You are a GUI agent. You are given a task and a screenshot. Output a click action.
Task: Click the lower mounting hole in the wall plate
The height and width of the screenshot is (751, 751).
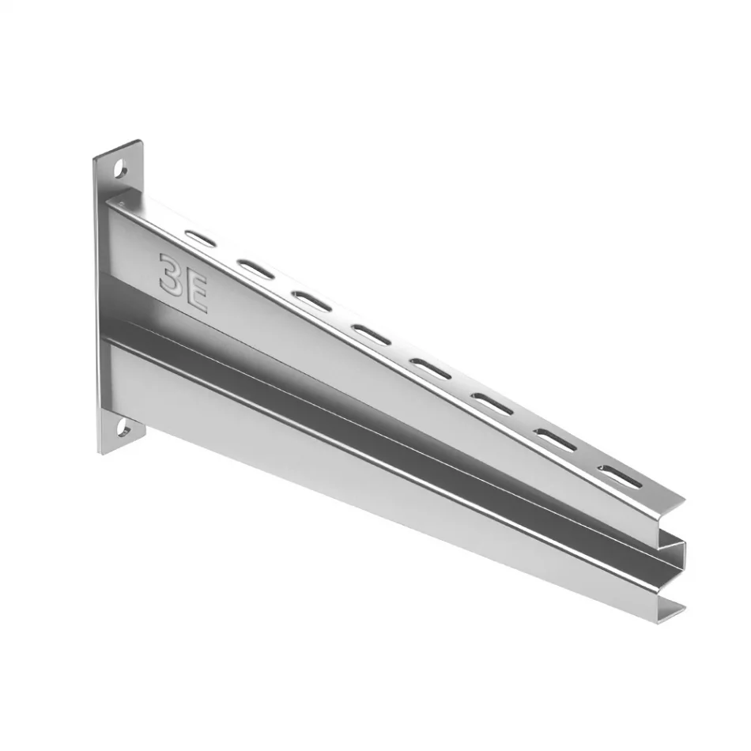tap(123, 428)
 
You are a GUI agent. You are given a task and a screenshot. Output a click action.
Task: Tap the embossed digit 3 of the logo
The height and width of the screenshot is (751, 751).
tap(172, 274)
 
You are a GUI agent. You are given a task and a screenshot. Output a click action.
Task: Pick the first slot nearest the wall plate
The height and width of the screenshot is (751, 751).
tap(200, 238)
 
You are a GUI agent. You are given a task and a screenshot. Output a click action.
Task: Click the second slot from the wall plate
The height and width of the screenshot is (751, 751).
tap(257, 269)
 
